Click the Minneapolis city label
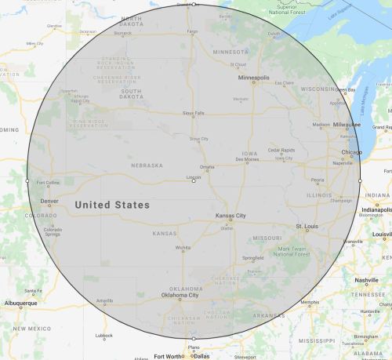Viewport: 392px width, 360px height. [254, 78]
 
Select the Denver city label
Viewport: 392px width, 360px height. [48, 202]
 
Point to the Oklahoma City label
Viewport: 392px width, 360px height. [180, 295]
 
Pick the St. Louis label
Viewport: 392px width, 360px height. [307, 227]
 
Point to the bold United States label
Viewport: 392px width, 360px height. [111, 205]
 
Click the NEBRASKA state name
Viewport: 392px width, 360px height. [147, 165]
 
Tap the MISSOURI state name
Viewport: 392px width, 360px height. [267, 236]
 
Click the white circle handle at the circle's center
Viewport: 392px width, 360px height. [194, 181]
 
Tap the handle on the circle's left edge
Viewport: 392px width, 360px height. [27, 181]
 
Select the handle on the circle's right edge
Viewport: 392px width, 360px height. [360, 181]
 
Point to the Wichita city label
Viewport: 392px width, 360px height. [183, 248]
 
